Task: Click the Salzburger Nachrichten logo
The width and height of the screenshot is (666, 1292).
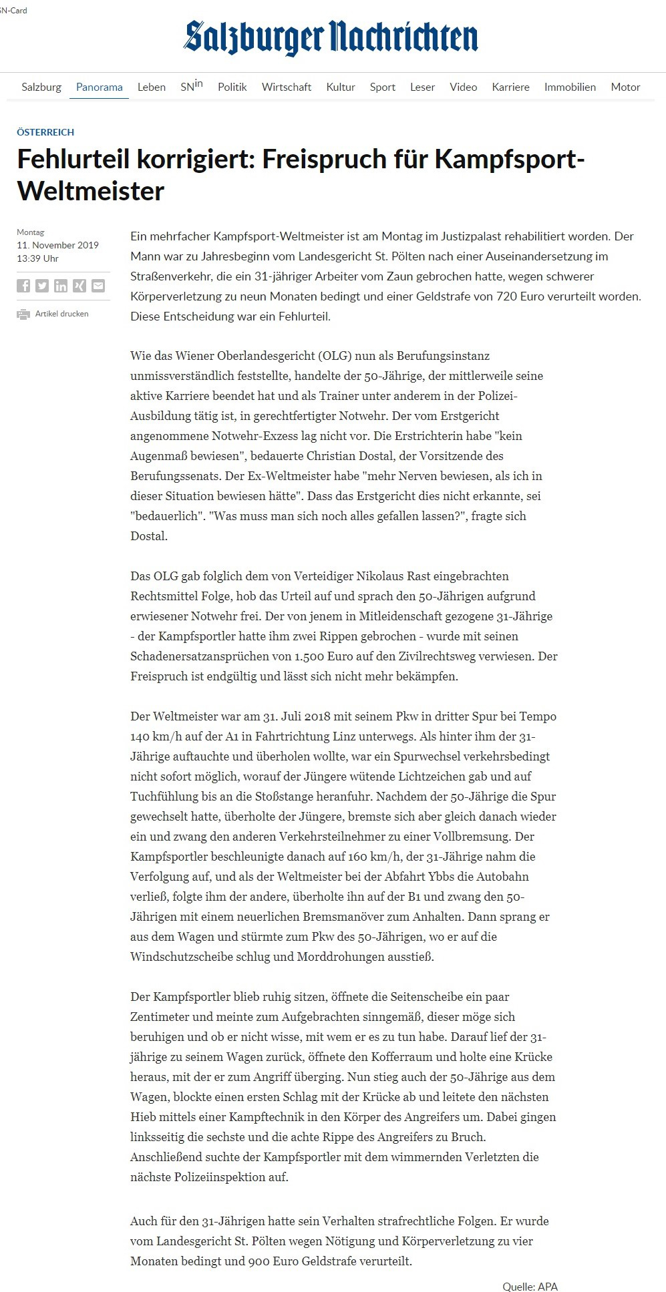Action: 331,37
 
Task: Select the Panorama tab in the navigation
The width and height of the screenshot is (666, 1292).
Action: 99,87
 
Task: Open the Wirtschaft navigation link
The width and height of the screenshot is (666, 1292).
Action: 287,87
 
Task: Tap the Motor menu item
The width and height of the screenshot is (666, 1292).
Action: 625,87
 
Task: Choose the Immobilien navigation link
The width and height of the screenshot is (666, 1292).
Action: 570,87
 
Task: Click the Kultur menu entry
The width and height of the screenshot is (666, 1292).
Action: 341,87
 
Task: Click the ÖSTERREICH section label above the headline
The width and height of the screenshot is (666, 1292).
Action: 45,132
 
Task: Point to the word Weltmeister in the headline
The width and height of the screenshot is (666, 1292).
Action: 91,191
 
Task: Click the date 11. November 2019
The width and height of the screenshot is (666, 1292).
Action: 57,245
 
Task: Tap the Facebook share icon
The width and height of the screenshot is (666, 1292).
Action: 23,286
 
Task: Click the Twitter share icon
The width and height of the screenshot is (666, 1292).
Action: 42,286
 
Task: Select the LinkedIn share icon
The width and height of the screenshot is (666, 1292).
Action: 61,286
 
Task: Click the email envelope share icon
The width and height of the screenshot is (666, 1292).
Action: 98,286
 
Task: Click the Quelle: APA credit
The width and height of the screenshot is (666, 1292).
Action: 530,1286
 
